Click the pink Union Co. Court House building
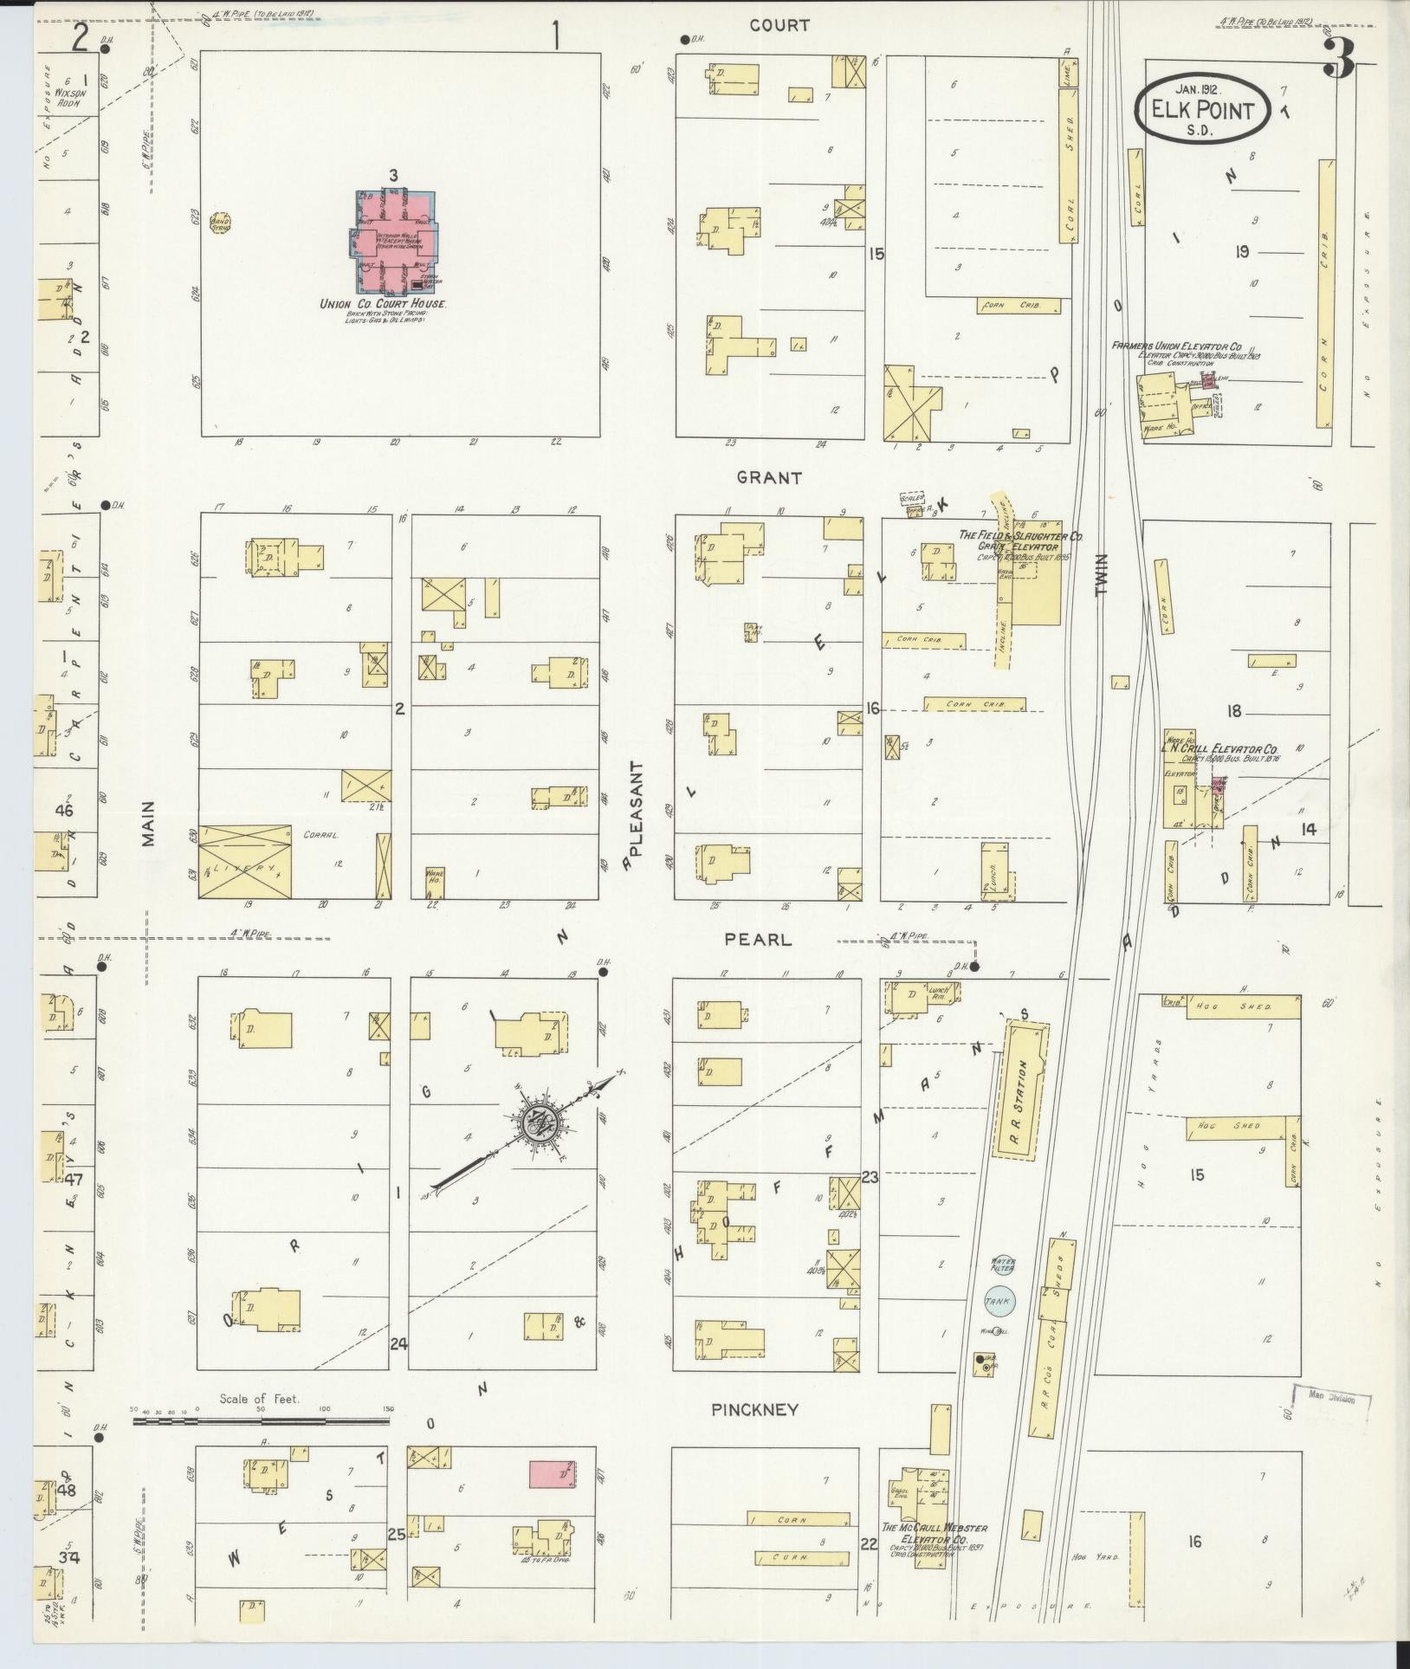(x=394, y=243)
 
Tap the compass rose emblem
(x=536, y=1127)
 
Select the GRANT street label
(x=769, y=477)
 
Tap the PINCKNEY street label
(x=754, y=1410)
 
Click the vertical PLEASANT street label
(x=638, y=809)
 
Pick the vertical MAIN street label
(x=148, y=823)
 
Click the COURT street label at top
(x=779, y=26)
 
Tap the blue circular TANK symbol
(x=1000, y=1301)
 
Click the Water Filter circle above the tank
(x=1002, y=1265)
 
